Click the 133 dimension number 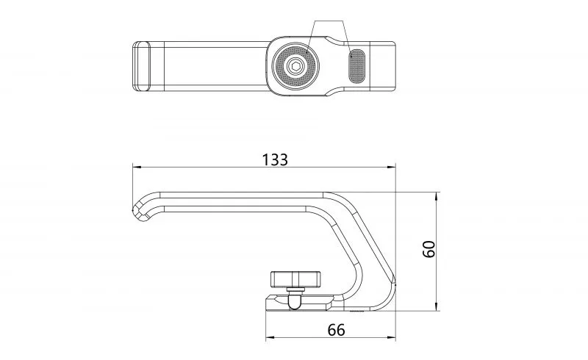[x=275, y=159]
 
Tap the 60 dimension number [x=429, y=249]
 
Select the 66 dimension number [x=336, y=330]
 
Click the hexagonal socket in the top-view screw [x=295, y=67]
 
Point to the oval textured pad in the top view [x=356, y=66]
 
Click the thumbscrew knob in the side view [x=296, y=279]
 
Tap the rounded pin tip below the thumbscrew [x=295, y=302]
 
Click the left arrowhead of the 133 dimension [x=137, y=167]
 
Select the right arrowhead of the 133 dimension [x=392, y=167]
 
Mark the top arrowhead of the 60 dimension [x=436, y=196]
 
